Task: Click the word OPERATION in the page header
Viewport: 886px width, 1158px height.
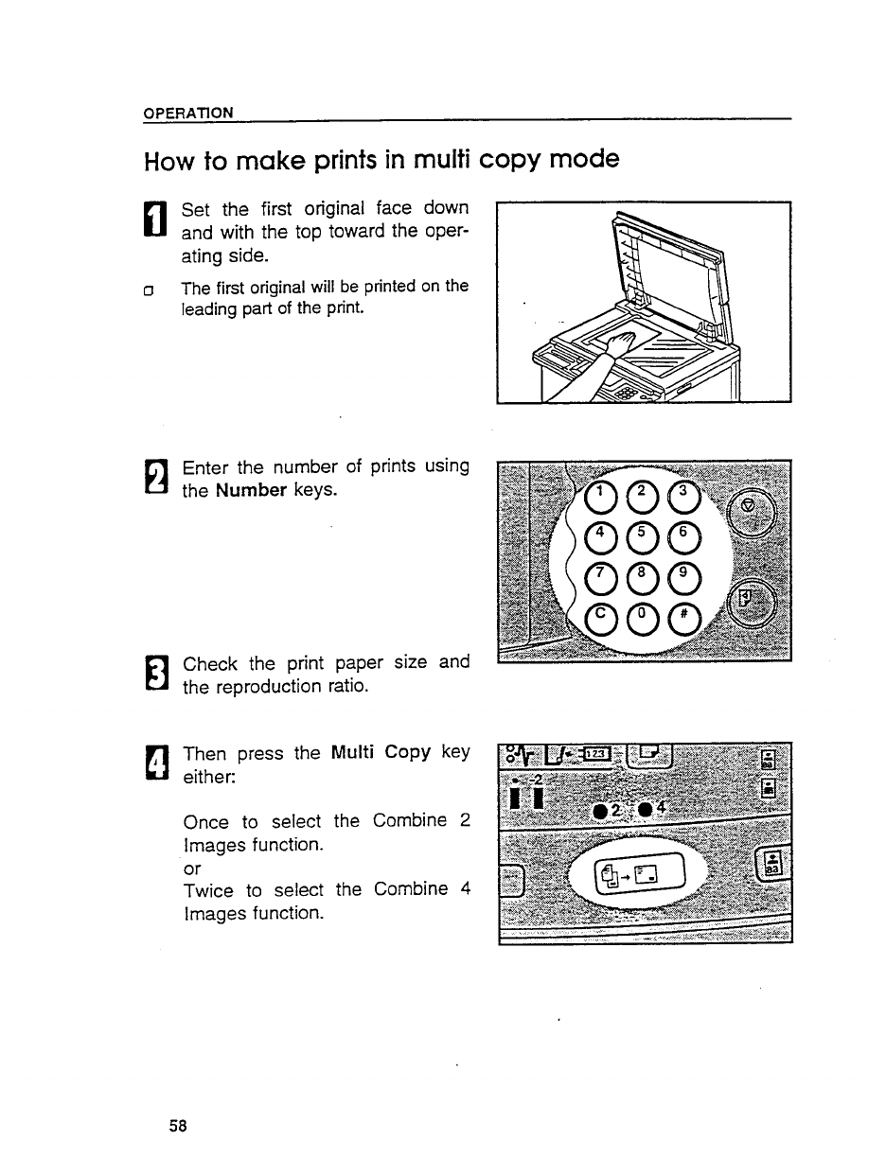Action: point(187,113)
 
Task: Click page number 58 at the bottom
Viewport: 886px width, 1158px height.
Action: point(178,1125)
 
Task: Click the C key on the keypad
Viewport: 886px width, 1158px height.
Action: point(599,619)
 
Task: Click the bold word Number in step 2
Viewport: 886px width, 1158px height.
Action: point(251,491)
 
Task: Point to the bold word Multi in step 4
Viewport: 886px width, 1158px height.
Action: point(355,753)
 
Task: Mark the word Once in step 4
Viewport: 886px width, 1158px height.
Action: point(207,821)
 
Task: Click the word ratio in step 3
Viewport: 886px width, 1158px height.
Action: point(344,686)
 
